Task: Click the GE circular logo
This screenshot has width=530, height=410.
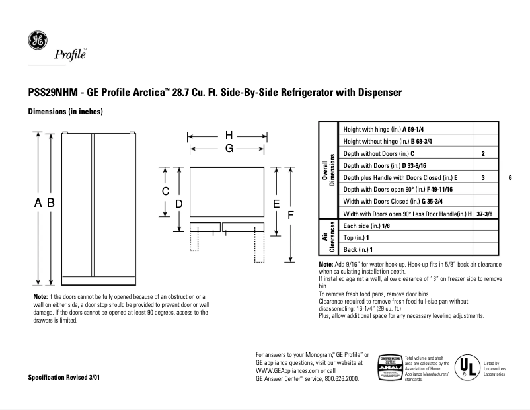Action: point(36,41)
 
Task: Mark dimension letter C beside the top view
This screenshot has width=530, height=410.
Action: point(166,190)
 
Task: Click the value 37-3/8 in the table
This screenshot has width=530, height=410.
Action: point(483,214)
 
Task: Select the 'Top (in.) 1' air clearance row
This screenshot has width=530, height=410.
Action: point(356,237)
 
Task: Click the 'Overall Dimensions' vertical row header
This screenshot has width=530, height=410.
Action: point(328,171)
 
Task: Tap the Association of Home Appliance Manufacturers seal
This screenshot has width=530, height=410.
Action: point(389,368)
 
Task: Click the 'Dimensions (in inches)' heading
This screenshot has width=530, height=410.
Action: point(64,112)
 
